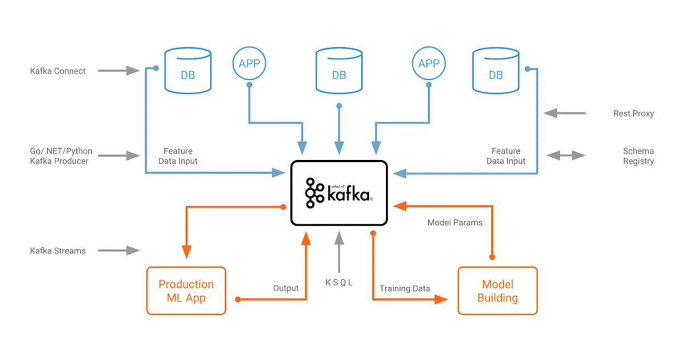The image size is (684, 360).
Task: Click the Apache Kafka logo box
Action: point(339,193)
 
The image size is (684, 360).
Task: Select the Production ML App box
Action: point(186,291)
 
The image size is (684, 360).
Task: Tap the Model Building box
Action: point(497,291)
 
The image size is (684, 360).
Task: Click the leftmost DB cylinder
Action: point(188,71)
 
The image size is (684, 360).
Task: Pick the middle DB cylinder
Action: point(339,71)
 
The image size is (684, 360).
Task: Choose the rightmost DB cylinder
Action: point(496,71)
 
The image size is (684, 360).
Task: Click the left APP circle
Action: point(249,64)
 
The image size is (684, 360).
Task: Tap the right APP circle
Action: point(429,64)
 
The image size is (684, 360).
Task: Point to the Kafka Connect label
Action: point(58,71)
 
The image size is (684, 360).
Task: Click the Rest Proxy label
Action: point(633,113)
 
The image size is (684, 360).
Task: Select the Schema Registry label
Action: point(638,156)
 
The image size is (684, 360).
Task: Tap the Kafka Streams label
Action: point(58,251)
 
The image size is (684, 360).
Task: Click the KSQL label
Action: point(339,282)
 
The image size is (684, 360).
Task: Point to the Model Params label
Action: point(455,222)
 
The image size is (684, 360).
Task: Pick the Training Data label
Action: point(405,288)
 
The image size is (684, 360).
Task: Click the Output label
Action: point(286,288)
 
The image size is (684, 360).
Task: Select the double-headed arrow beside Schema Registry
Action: point(565,156)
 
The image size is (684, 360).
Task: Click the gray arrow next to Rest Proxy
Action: point(564,113)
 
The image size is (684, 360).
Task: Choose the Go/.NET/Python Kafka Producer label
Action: point(61,156)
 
